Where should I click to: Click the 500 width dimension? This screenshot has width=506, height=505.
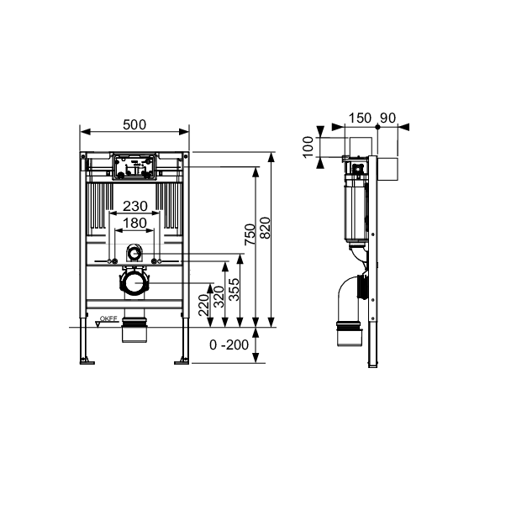134,124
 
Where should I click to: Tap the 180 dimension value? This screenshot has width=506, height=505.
134,224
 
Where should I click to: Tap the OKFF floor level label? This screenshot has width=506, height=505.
108,318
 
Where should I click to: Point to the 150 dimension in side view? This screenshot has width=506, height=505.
359,117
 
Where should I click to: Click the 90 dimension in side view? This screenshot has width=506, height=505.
389,117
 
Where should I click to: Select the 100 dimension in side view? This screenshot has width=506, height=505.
308,148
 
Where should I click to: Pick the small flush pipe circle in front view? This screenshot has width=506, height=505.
134,254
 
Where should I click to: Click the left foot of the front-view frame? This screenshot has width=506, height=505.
86,360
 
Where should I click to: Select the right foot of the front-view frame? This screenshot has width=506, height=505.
182,360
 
